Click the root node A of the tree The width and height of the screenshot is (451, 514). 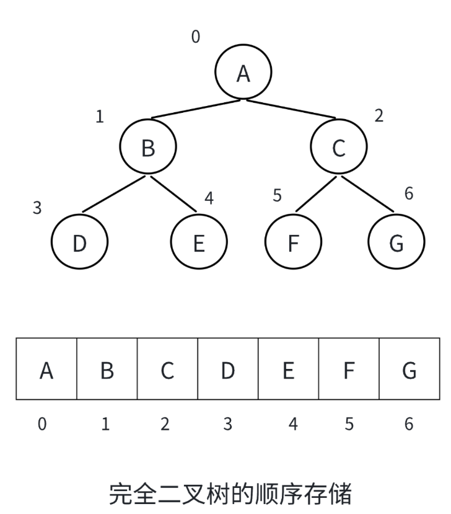tap(243, 73)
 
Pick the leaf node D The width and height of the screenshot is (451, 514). tap(79, 243)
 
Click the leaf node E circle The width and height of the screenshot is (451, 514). tap(199, 243)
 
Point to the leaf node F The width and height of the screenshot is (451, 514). tap(294, 243)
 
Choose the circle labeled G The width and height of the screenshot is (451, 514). tap(396, 243)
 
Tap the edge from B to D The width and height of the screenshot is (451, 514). tap(115, 195)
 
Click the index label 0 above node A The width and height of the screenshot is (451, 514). tap(196, 37)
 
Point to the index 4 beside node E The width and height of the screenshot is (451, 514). tap(209, 198)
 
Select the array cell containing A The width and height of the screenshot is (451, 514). tap(46, 370)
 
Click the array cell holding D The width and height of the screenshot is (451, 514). tap(228, 370)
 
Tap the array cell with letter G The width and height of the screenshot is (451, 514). tap(409, 370)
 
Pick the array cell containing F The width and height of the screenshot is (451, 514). tap(349, 370)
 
